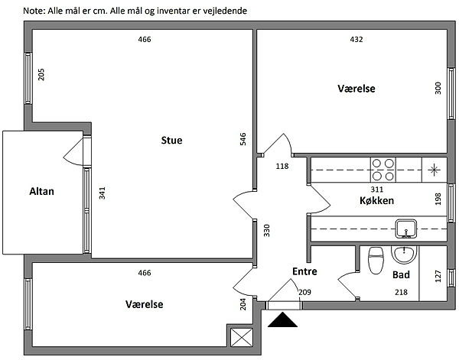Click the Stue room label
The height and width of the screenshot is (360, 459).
pos(171,140)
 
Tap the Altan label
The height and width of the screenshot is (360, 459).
pos(41,192)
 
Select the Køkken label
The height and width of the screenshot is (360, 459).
pos(376,201)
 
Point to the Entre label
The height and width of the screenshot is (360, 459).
pos(304,271)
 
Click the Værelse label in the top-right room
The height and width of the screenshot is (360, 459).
pos(356,89)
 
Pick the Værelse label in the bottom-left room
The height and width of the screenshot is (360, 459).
pos(145,304)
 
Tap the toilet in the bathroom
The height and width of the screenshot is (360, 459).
pos(376,260)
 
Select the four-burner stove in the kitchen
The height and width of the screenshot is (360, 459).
pos(382,169)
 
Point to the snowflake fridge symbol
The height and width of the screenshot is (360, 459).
pos(435,169)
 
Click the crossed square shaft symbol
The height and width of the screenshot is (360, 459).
pos(240,336)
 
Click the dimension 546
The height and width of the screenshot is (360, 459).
pos(243,139)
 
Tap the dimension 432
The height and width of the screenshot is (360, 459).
pos(356,40)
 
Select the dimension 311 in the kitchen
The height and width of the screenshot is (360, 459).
pos(376,188)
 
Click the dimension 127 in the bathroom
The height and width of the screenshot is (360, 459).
pos(438,274)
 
